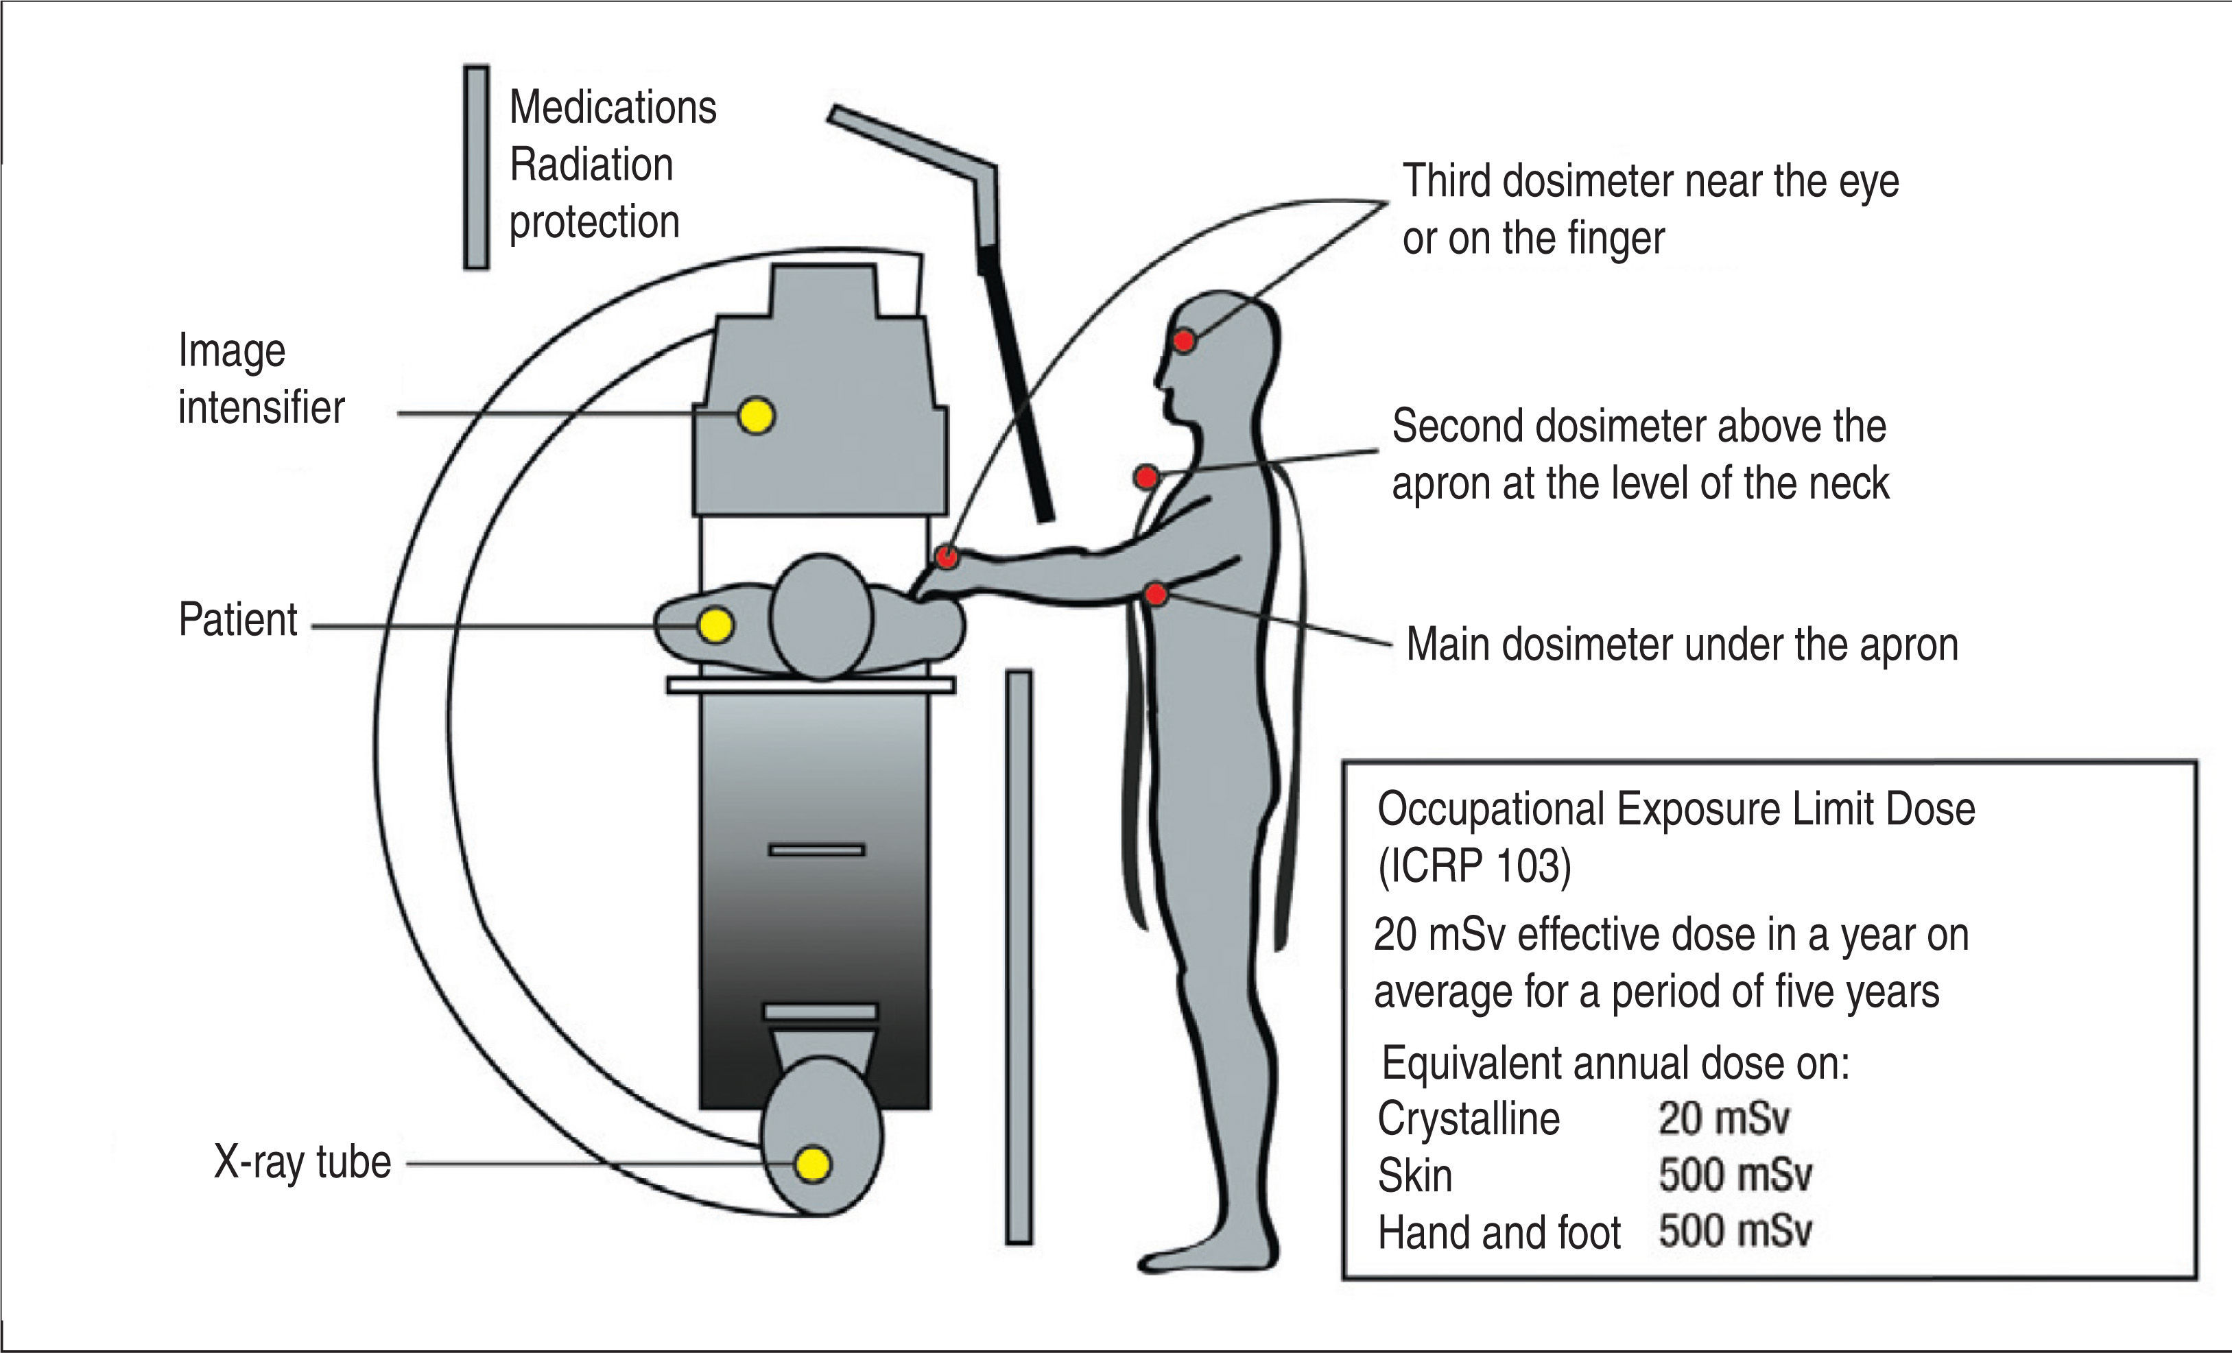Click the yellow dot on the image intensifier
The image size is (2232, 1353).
(x=757, y=416)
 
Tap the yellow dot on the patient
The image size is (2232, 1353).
(x=715, y=625)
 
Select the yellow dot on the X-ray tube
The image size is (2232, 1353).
(x=811, y=1164)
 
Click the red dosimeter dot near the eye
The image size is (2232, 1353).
(x=1184, y=342)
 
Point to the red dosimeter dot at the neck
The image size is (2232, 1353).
(x=1146, y=477)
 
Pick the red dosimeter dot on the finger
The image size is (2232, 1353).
(x=947, y=557)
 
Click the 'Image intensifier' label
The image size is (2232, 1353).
(x=261, y=379)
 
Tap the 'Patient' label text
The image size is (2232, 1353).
(x=237, y=621)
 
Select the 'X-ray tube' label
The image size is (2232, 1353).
(x=302, y=1162)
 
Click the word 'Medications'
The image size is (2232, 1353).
(x=613, y=108)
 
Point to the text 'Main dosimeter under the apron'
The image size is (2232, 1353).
(x=1681, y=645)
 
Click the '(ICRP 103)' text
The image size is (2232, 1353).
(x=1474, y=867)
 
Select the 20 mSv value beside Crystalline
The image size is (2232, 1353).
(x=1724, y=1118)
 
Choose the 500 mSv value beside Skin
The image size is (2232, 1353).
(x=1735, y=1175)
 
